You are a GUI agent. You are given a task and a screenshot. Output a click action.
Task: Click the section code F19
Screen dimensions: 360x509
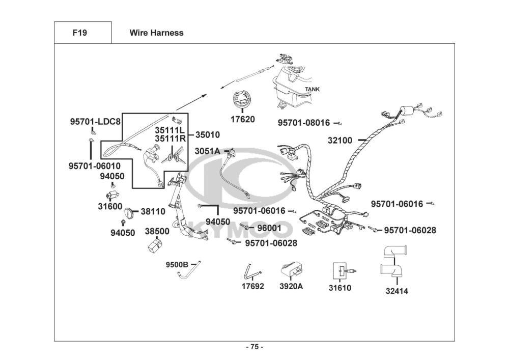[x=80, y=33]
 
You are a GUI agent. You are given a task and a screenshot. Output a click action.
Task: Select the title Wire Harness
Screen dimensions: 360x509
[x=156, y=33]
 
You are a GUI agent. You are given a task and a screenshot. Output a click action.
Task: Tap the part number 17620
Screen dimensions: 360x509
[x=242, y=120]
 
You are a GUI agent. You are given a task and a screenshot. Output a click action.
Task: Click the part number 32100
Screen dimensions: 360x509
[x=340, y=140]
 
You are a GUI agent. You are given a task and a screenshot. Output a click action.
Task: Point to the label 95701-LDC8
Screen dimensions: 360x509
[x=95, y=122]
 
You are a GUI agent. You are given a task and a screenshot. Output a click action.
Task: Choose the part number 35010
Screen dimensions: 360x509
[x=208, y=135]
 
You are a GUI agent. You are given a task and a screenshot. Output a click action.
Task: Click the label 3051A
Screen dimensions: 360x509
[x=207, y=151]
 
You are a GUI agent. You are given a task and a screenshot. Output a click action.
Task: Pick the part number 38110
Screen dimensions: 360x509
[x=153, y=211]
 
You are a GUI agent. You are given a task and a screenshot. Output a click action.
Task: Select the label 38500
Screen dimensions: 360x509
[x=157, y=231]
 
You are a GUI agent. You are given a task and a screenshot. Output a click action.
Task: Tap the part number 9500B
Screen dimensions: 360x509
[x=177, y=264]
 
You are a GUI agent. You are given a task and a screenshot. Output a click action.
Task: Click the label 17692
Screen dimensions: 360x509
[x=253, y=286]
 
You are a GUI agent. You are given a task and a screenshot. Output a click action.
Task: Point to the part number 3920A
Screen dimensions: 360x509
[x=291, y=286]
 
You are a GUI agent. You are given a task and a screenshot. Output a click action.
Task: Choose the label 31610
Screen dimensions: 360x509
[x=340, y=288]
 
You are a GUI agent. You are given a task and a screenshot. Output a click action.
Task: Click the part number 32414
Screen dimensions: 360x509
[x=397, y=291]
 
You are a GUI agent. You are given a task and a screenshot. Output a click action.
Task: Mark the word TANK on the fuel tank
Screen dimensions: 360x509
[x=312, y=90]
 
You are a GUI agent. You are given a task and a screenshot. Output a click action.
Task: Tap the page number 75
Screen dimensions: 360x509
[x=254, y=347]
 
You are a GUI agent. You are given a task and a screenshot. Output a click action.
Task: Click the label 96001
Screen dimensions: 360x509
[x=269, y=228]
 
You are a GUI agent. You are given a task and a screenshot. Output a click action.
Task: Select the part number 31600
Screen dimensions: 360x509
[x=110, y=206]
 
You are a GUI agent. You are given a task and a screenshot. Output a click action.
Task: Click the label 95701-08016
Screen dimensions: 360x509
[x=304, y=123]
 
